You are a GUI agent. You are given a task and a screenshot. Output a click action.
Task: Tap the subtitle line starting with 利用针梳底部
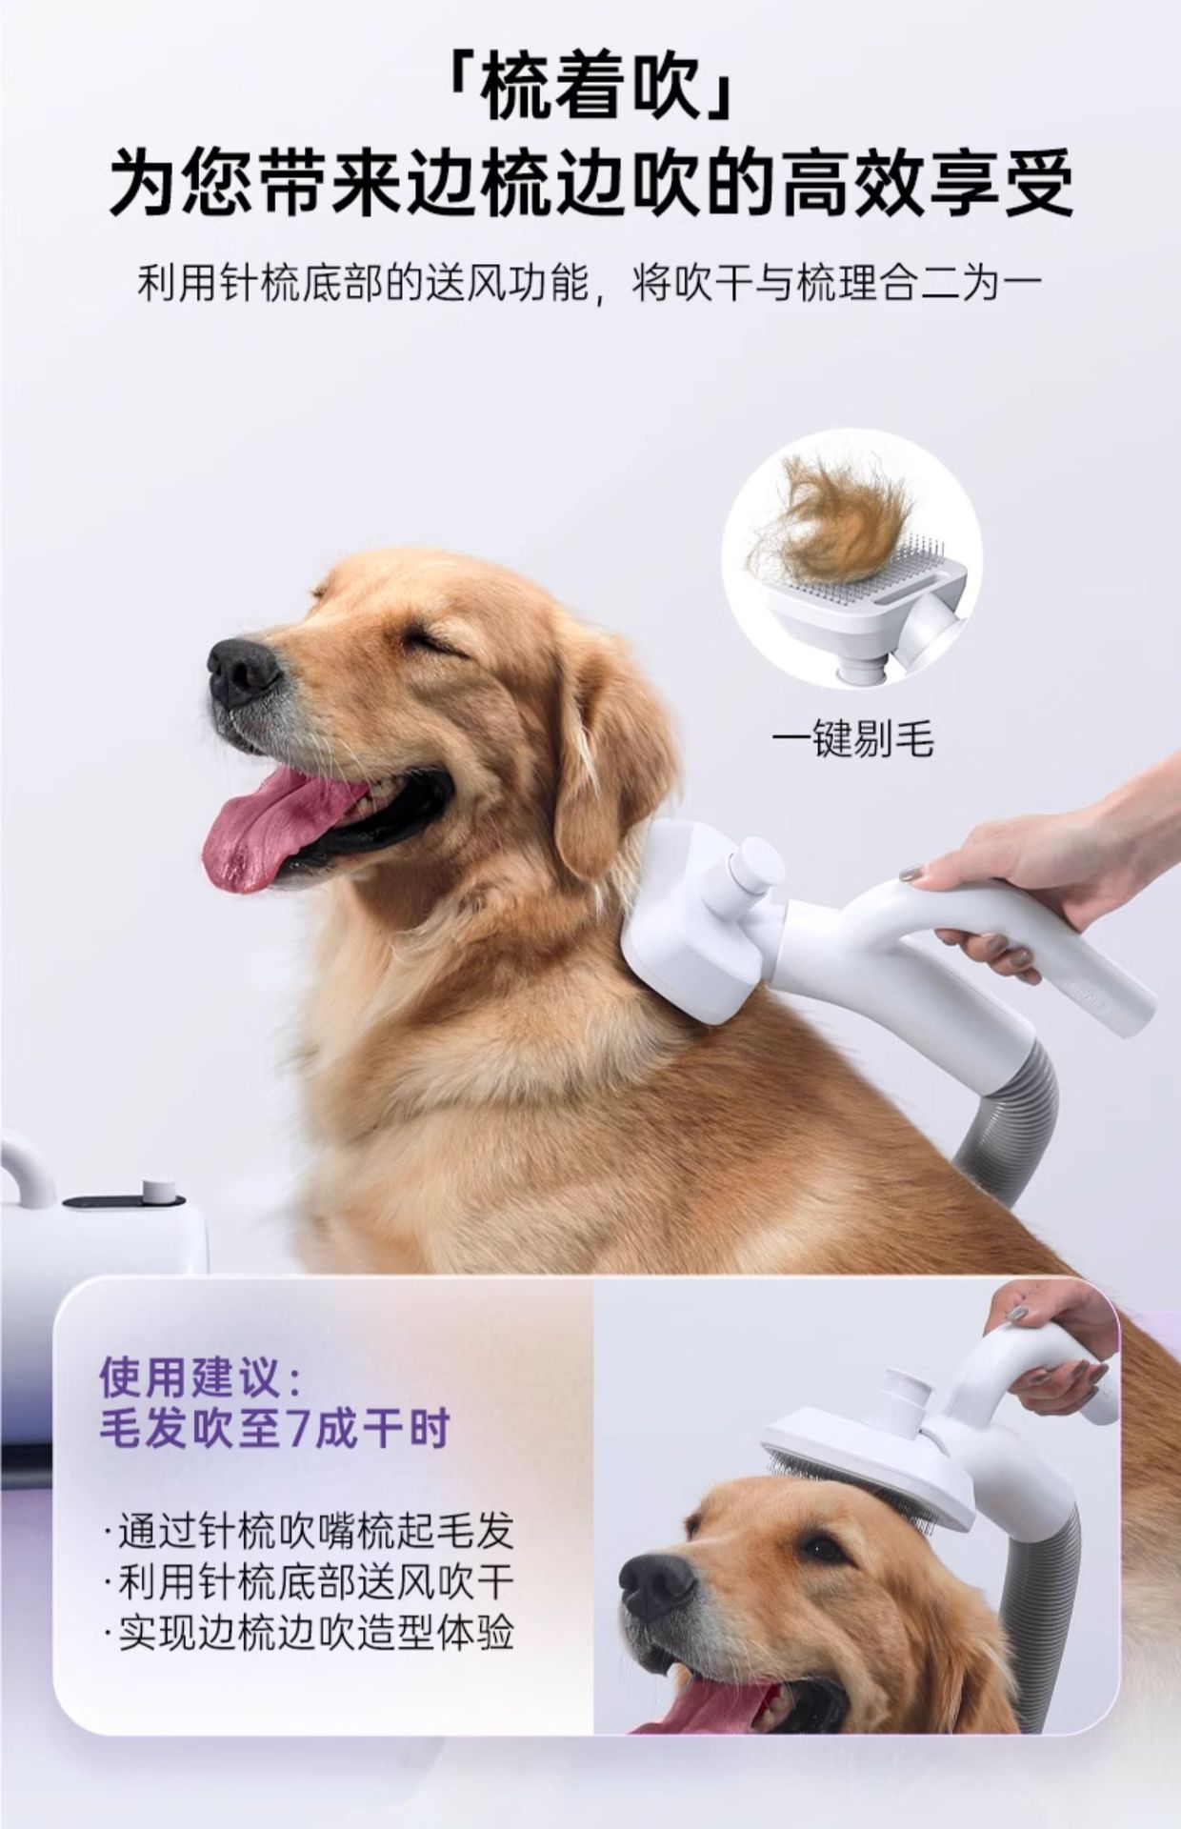[x=590, y=283]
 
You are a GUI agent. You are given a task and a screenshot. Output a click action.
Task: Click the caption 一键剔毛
[x=852, y=738]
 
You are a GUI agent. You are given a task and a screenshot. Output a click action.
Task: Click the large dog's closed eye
[x=434, y=644]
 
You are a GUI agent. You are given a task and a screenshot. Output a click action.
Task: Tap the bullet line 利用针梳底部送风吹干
[x=314, y=1582]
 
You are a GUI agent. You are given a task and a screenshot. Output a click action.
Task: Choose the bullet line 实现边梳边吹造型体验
[x=314, y=1633]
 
